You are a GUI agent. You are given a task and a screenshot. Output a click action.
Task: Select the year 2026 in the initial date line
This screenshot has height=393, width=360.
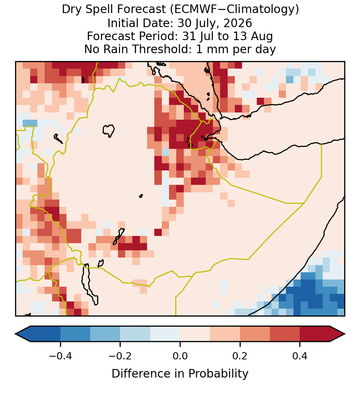[x=238, y=23]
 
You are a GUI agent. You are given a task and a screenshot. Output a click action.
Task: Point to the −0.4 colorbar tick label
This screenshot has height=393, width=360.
[x=60, y=356]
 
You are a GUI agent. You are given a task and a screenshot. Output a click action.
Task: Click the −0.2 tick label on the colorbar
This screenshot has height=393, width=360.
[x=120, y=356]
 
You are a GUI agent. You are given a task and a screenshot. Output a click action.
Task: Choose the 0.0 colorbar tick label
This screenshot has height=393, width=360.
[x=180, y=356]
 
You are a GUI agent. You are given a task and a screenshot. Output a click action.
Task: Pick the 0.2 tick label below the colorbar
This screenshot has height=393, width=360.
[x=240, y=356]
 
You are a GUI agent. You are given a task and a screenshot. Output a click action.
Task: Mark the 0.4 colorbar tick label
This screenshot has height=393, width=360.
[x=300, y=356]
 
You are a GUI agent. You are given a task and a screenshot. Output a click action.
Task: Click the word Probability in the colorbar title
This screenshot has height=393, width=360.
[x=218, y=374]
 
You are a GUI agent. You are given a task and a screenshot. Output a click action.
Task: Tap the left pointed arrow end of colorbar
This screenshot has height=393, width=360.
[x=17, y=334]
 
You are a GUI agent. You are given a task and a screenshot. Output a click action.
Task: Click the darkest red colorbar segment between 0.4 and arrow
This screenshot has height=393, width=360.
[x=315, y=334]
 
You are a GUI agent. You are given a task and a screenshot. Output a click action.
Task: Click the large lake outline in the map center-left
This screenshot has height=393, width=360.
[x=109, y=131]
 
